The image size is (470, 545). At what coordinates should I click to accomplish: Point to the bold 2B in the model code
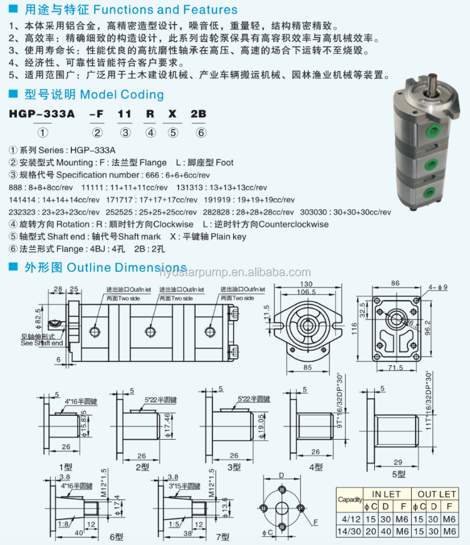[x=199, y=115]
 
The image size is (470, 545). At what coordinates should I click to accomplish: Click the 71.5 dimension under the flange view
[x=395, y=368]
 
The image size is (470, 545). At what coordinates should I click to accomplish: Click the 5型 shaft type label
[x=398, y=474]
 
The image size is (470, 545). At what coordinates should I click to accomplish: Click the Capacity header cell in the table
[x=350, y=500]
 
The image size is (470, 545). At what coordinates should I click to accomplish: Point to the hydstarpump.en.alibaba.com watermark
[x=235, y=272]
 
